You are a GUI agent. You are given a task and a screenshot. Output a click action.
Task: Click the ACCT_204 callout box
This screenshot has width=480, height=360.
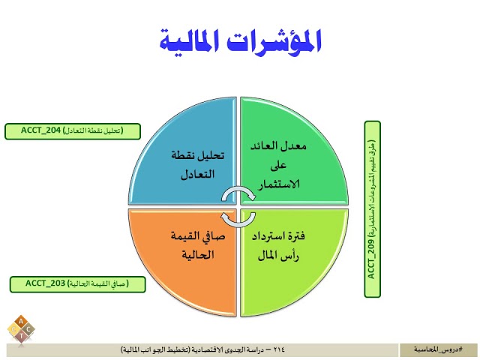click(73, 130)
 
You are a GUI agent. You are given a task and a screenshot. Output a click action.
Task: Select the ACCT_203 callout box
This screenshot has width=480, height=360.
click(77, 283)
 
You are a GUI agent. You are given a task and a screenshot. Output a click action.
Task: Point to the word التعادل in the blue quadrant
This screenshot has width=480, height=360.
click(197, 174)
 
